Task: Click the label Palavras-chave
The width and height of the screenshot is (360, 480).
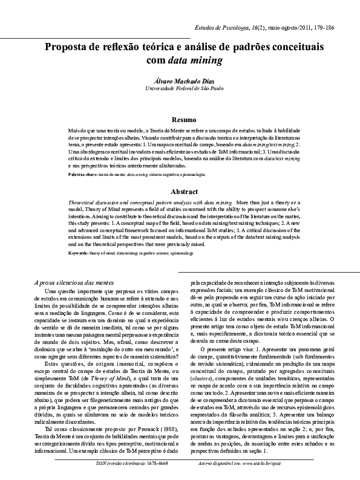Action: pyautogui.click(x=83, y=174)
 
